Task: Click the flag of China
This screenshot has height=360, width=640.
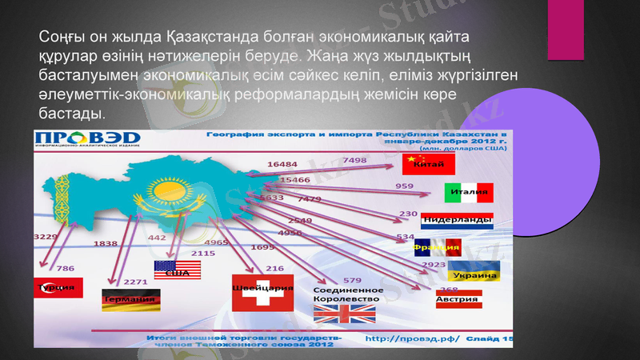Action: pyautogui.click(x=430, y=164)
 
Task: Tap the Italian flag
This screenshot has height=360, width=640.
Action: pyautogui.click(x=469, y=193)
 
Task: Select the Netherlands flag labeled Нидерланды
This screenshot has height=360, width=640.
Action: pyautogui.click(x=457, y=221)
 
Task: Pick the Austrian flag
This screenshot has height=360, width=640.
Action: pyautogui.click(x=458, y=299)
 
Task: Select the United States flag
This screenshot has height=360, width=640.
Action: pyautogui.click(x=177, y=270)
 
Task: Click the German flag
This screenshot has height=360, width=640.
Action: pyautogui.click(x=131, y=300)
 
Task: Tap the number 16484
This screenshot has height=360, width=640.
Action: pyautogui.click(x=282, y=164)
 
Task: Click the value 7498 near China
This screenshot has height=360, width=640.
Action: pyautogui.click(x=354, y=161)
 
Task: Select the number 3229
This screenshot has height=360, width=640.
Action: pyautogui.click(x=45, y=237)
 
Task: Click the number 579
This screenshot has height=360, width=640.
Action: pyautogui.click(x=352, y=280)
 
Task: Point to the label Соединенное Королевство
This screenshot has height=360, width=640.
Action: pyautogui.click(x=348, y=294)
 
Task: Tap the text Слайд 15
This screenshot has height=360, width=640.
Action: pyautogui.click(x=489, y=339)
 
